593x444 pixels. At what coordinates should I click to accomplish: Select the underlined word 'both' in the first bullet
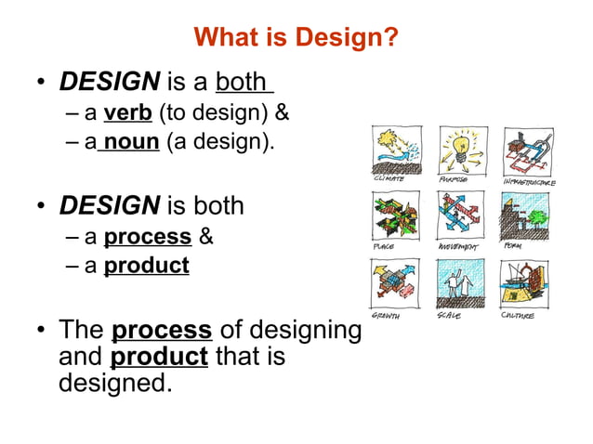[x=243, y=82]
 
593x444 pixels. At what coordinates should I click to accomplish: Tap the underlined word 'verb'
[x=128, y=114]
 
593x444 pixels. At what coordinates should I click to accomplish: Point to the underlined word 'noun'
[x=132, y=144]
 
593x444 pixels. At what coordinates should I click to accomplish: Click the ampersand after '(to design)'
[x=283, y=114]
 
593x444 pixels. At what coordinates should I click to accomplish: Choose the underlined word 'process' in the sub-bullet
[x=148, y=236]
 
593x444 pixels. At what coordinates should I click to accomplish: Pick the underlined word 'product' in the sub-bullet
[x=146, y=266]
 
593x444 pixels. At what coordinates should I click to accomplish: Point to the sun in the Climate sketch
[x=386, y=142]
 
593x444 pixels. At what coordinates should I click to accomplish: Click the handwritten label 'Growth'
[x=387, y=316]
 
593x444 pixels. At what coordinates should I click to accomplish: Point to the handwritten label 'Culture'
[x=518, y=316]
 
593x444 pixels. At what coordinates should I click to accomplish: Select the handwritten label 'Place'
[x=382, y=248]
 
